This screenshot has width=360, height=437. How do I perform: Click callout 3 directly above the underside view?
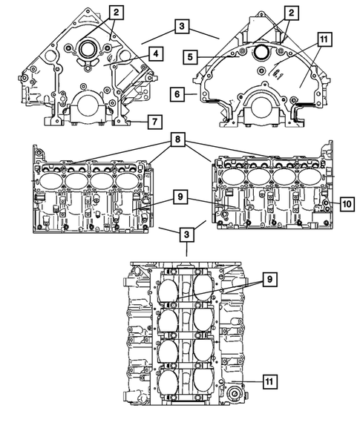pyautogui.click(x=187, y=234)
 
